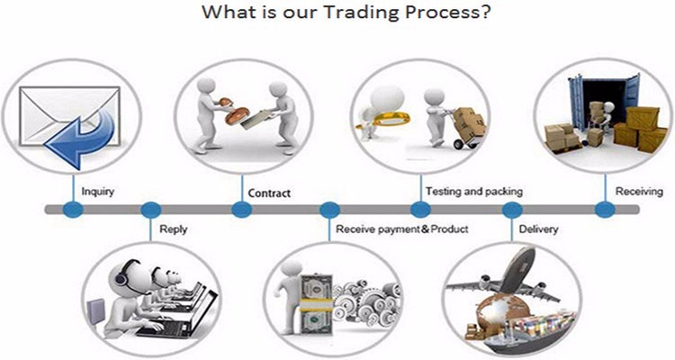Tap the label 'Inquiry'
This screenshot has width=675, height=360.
coord(97,191)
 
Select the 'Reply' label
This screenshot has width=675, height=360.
coord(173,229)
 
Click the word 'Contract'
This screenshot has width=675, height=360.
coord(268,193)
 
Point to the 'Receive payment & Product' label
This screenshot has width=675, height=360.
coord(402,229)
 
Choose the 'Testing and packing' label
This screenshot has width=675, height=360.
coord(473,192)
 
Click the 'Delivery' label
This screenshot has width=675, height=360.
coord(538,229)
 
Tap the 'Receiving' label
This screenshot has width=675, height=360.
coord(639,192)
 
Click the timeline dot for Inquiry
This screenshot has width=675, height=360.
coord(73,210)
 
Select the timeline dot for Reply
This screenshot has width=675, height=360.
coord(151,210)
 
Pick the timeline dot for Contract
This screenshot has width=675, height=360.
coord(241,210)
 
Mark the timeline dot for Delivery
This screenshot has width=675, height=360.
coord(512,210)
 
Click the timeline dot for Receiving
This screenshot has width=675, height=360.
coord(605,210)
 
